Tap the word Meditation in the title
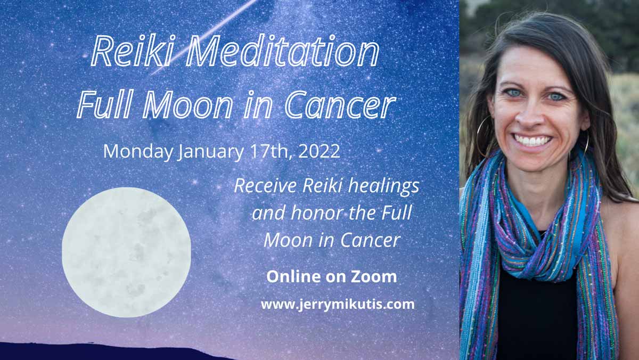tap(283, 51)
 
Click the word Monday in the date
tap(138, 151)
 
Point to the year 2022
tap(319, 151)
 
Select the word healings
tap(384, 186)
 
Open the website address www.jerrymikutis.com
tap(338, 305)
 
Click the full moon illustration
tap(126, 252)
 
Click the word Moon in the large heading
tap(187, 104)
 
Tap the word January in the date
tap(211, 151)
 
